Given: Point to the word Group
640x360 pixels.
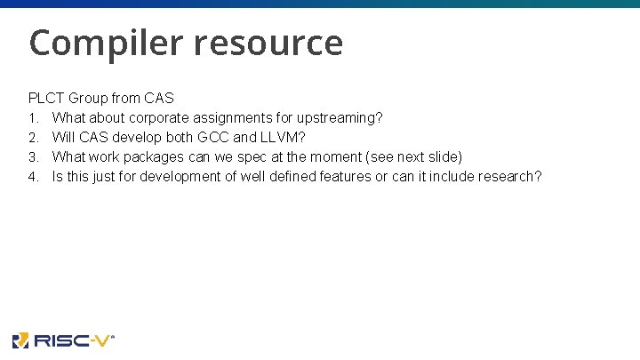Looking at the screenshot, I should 91,98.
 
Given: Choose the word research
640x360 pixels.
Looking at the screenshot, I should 506,176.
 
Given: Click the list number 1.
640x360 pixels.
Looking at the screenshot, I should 32,117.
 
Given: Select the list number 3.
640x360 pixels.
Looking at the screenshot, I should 32,156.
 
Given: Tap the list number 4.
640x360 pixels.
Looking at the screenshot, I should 32,176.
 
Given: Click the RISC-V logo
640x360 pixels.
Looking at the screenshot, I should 63,340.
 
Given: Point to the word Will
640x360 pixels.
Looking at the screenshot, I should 63,137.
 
